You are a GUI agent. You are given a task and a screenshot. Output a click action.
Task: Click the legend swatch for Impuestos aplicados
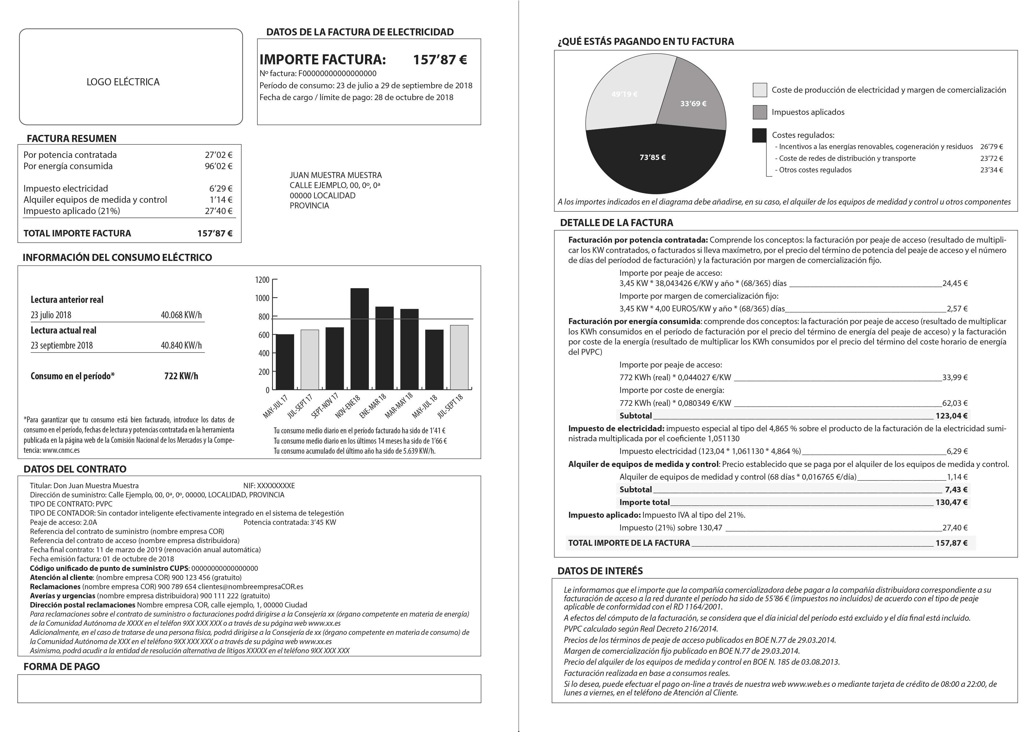760,112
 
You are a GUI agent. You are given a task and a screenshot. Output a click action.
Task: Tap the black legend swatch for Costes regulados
760,135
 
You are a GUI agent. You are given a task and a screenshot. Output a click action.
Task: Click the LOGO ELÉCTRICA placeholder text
123,82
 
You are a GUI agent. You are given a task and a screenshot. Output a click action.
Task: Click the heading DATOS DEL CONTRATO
75,469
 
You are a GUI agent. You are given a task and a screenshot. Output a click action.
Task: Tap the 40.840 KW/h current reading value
181,345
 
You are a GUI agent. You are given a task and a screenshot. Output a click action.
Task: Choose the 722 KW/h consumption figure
181,376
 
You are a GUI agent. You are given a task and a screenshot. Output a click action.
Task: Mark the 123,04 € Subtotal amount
952,416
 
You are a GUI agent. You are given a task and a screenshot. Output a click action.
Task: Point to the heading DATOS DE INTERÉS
600,571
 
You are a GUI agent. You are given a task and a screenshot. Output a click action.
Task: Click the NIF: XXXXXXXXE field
269,486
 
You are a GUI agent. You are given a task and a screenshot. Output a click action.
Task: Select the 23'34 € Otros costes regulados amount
991,170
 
